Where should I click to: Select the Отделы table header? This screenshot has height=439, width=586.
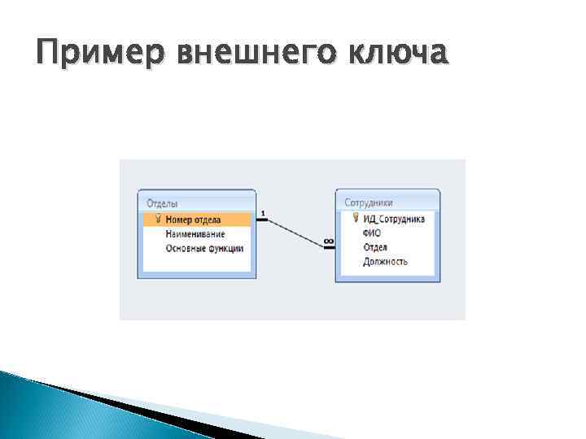(163, 203)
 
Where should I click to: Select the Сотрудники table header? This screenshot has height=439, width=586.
(369, 202)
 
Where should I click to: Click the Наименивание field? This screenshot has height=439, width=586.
(195, 233)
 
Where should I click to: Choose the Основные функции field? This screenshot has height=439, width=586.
(203, 248)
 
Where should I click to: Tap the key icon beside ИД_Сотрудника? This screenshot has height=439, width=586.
(356, 218)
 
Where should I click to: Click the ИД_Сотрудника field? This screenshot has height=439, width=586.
(394, 218)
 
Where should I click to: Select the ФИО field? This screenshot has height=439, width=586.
(372, 233)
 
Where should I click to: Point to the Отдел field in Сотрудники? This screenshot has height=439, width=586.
(375, 247)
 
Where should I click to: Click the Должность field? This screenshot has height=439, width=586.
(385, 262)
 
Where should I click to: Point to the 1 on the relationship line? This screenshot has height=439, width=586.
(263, 213)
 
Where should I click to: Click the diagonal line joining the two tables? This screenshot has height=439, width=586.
(295, 230)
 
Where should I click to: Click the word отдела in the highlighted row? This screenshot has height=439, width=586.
(206, 219)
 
